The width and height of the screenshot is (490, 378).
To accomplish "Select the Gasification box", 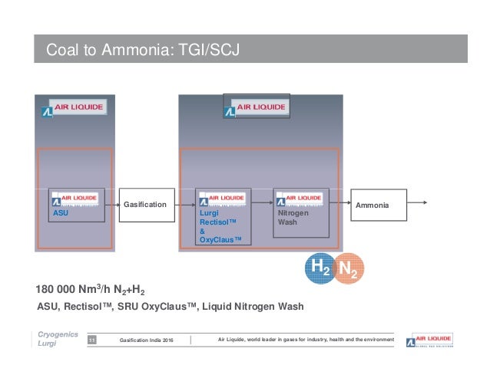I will coord(144,205).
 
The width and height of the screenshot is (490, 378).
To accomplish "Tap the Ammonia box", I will coord(372,206).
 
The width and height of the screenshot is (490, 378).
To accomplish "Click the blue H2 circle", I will coord(320,269).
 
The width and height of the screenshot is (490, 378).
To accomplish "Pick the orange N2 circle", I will coord(349,269).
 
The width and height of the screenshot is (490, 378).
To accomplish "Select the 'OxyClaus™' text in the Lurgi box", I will coord(220,239).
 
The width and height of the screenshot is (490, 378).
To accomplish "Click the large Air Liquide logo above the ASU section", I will coord(74,108).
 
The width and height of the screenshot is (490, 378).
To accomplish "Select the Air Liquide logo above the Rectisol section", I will coord(257,108).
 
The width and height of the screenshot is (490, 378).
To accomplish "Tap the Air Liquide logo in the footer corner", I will coord(431,340).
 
